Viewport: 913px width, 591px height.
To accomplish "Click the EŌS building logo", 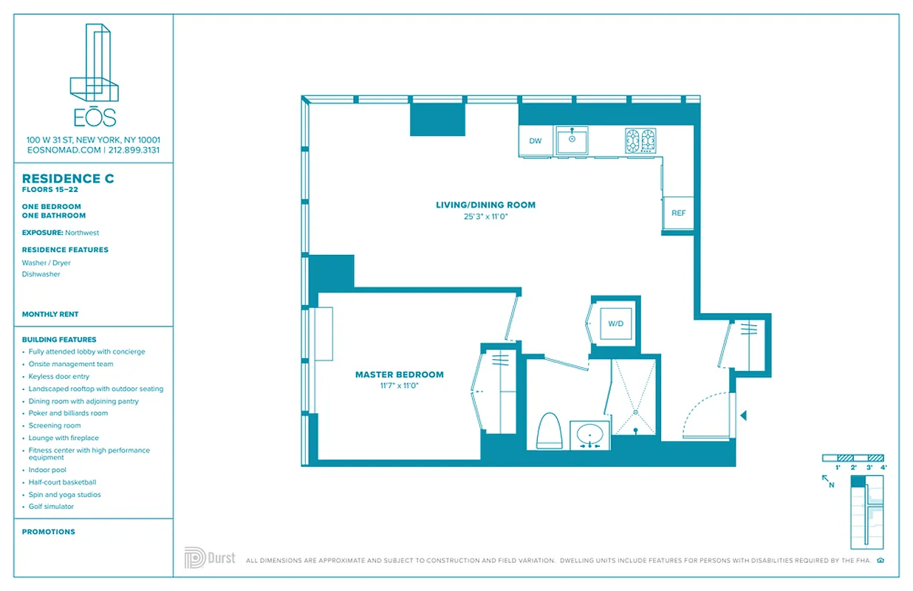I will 94,74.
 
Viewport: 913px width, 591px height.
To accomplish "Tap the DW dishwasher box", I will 536,141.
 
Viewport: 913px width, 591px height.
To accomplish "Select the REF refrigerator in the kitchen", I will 678,213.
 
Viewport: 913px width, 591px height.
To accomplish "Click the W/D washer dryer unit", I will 615,324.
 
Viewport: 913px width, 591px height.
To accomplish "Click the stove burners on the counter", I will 640,140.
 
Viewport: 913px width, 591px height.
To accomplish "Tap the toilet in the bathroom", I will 547,431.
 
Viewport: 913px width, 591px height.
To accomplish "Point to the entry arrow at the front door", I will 744,416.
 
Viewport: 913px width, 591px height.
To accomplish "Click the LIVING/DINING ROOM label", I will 485,205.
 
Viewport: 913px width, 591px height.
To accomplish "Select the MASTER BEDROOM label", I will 399,375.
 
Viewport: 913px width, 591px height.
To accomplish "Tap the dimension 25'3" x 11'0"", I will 485,216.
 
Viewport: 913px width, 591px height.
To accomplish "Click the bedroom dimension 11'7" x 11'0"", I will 399,386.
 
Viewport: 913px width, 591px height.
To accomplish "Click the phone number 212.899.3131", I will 134,150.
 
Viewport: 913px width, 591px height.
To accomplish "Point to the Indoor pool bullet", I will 47,470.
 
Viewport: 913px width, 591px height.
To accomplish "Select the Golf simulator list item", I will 51,507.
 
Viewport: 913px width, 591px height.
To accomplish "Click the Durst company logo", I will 210,558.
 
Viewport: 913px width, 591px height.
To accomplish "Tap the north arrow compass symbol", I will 828,482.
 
